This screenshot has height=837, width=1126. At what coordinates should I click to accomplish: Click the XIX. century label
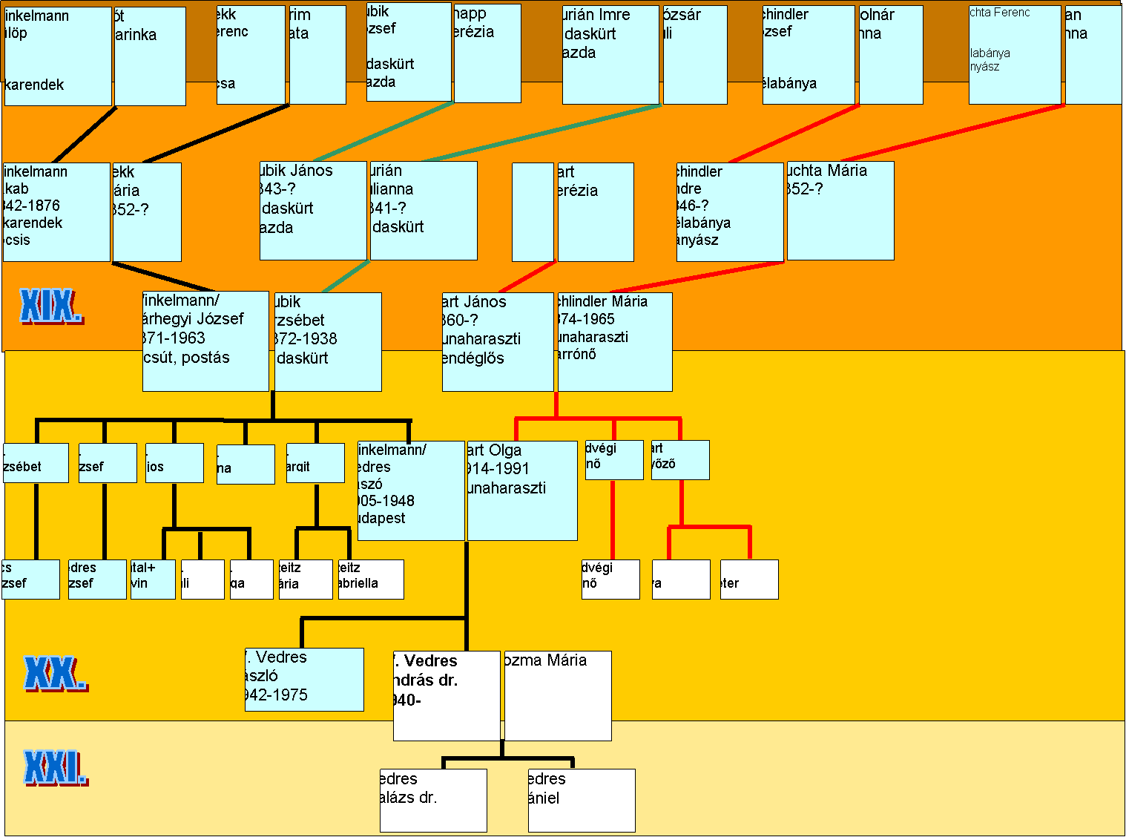50,306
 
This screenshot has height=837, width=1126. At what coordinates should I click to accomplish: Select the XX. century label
55,674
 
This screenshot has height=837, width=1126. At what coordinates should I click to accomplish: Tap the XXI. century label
55,767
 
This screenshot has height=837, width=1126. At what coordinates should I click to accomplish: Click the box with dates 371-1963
205,341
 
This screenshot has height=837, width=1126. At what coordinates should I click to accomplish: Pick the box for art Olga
522,490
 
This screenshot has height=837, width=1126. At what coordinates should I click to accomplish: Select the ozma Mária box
558,695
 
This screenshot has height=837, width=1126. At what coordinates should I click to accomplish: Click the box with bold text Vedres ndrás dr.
447,695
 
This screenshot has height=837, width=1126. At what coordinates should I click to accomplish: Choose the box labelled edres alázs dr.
433,800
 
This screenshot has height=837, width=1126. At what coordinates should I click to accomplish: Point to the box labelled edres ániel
582,800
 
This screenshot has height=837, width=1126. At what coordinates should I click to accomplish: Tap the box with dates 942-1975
304,679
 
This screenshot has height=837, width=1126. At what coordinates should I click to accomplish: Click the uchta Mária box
840,211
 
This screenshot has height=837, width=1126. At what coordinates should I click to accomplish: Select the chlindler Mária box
615,341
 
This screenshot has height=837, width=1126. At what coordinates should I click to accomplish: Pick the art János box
498,341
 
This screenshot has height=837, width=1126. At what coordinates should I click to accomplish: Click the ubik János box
313,211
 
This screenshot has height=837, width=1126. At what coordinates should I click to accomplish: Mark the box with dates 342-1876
56,212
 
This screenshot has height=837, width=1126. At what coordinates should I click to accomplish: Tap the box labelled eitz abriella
371,579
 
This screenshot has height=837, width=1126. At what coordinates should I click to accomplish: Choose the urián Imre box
610,55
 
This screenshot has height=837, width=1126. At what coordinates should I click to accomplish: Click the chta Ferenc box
1015,55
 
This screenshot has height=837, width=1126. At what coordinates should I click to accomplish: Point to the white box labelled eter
749,579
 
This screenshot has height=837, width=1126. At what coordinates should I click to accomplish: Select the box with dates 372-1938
328,341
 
